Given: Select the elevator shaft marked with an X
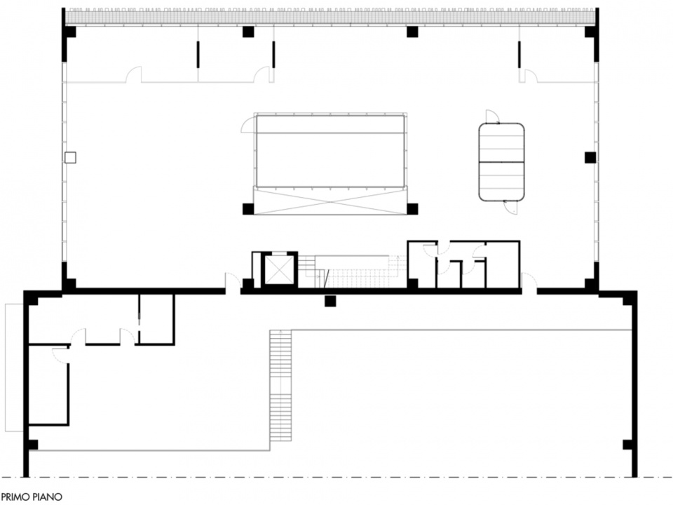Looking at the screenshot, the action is (x=279, y=270).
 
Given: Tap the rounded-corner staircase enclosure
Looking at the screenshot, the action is (x=502, y=162).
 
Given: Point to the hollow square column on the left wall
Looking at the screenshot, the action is (x=70, y=158).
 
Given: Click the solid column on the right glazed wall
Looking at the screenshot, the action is (x=590, y=158).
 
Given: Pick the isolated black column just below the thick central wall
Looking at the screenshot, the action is (x=330, y=301).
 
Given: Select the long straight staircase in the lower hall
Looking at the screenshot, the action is (x=280, y=385).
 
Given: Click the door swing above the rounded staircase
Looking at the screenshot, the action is (x=492, y=116).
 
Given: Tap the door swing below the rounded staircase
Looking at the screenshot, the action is (x=511, y=208).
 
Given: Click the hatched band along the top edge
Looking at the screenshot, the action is (x=330, y=17).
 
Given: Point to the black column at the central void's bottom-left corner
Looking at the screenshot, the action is (x=248, y=209).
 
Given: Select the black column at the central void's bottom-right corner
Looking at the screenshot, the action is (x=412, y=209).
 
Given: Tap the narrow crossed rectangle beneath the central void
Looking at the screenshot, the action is (x=329, y=201).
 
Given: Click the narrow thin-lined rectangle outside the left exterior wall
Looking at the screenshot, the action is (x=14, y=368).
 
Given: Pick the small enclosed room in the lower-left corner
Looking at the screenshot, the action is (x=48, y=385).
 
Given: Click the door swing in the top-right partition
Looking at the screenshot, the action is (x=531, y=76).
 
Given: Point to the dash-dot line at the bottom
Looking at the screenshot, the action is (x=336, y=477).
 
